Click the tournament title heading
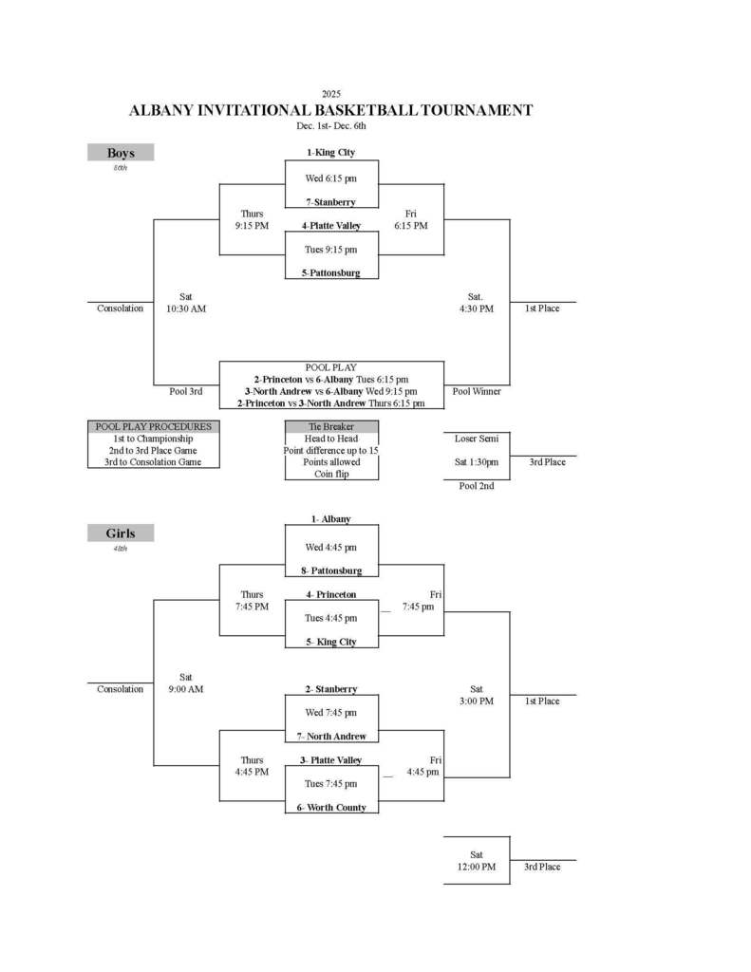[x=330, y=110]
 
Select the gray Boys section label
[x=121, y=153]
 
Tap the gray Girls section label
[x=121, y=533]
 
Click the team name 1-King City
[x=330, y=153]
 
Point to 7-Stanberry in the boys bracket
[x=330, y=202]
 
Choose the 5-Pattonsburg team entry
[x=331, y=273]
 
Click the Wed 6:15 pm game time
[x=330, y=178]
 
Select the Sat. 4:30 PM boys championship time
[x=476, y=303]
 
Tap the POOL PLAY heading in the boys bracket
[x=330, y=367]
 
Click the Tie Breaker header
[x=330, y=427]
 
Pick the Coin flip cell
[x=330, y=474]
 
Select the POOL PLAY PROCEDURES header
[x=154, y=427]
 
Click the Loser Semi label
[x=476, y=439]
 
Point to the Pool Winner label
[x=476, y=391]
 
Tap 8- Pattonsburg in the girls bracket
[x=331, y=571]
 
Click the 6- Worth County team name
[x=330, y=808]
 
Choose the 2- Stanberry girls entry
[x=330, y=689]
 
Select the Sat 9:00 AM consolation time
[x=185, y=683]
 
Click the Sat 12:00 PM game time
[x=476, y=861]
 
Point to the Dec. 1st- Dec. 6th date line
[x=330, y=125]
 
